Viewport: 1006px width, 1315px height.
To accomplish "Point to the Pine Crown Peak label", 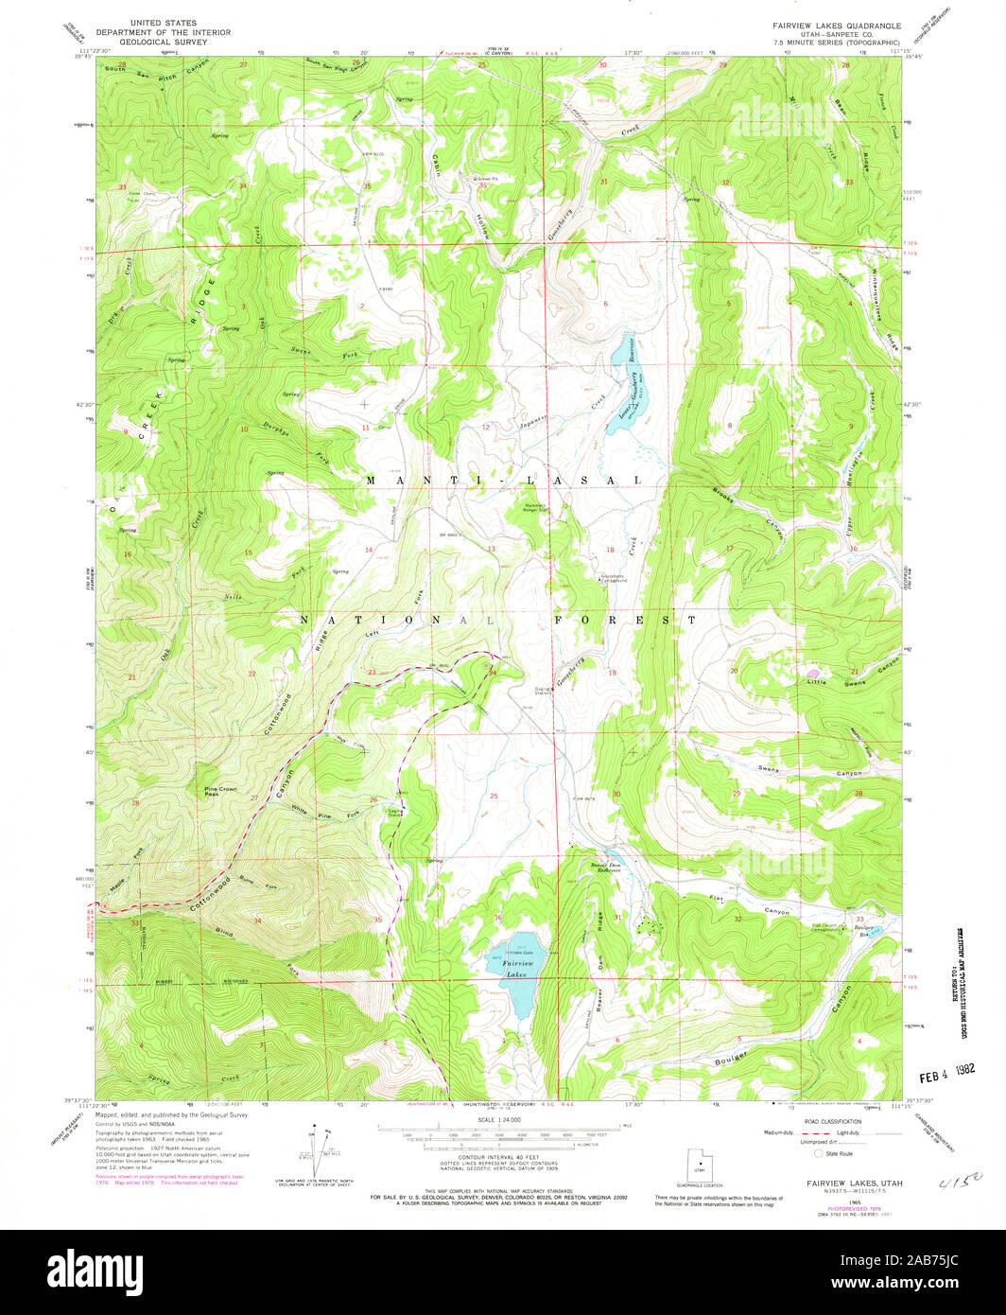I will click(220, 791).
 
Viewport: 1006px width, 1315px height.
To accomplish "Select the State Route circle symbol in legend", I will click(819, 1154).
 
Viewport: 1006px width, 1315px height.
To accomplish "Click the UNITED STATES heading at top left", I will click(164, 22).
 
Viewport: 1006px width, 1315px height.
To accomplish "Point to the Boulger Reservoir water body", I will click(873, 932).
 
